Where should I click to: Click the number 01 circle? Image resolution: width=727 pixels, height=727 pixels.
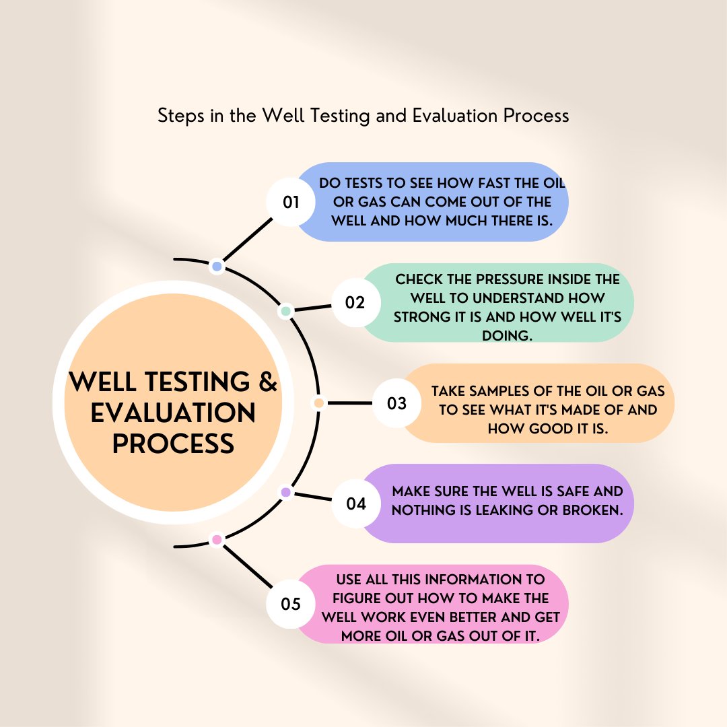point(291,202)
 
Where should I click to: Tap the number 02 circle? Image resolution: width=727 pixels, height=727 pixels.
point(355,302)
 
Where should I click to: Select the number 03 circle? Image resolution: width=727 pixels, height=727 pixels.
point(397,403)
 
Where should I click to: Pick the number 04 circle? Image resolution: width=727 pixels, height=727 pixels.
point(356,503)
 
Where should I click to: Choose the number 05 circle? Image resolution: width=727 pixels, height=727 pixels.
point(291,604)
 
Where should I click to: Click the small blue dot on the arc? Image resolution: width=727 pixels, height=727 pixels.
point(217,267)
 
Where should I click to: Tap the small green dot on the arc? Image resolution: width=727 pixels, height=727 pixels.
point(286,312)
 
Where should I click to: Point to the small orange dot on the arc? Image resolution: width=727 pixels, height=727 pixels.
point(319,403)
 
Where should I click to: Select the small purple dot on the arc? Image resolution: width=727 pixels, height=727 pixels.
point(285,493)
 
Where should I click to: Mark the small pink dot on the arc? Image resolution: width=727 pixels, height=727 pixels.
point(217,539)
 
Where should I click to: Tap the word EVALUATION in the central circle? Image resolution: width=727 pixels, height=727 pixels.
point(173,413)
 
